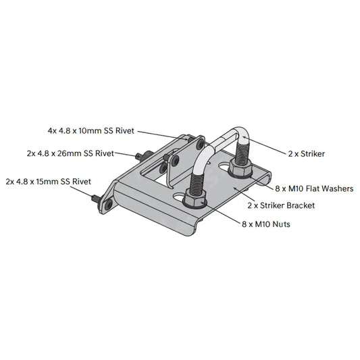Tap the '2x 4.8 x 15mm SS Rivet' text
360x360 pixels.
tap(48, 181)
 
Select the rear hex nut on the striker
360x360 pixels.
tap(241, 164)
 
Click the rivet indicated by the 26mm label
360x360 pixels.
tap(139, 157)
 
